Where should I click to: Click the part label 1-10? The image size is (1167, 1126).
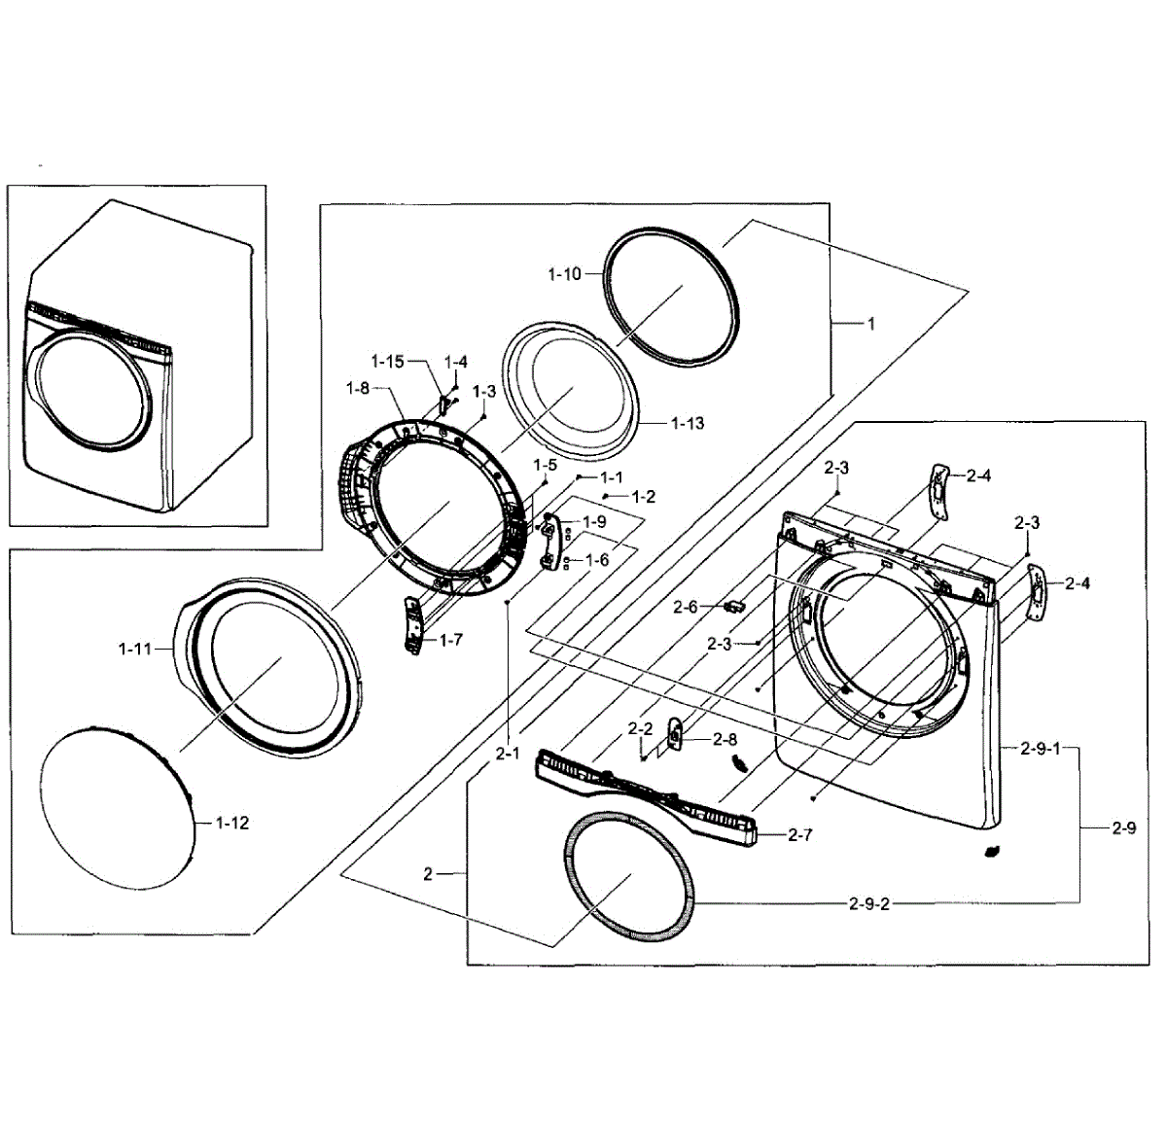tap(564, 274)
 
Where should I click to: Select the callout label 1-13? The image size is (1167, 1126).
tap(687, 423)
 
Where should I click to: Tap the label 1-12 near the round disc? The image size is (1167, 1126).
tap(231, 823)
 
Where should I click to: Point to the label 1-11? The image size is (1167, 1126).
tap(135, 649)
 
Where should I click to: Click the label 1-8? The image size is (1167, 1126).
tap(357, 388)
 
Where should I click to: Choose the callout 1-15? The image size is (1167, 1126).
tap(387, 362)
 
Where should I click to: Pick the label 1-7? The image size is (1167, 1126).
tap(450, 640)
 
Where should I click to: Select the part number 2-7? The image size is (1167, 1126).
tap(799, 834)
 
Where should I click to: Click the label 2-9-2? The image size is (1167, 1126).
tap(868, 904)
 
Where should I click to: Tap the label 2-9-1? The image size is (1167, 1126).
tap(1041, 749)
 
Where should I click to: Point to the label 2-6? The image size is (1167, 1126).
tap(686, 607)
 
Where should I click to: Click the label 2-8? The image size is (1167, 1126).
tap(725, 739)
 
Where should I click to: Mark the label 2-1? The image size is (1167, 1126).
tap(508, 753)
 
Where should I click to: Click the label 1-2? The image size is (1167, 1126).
tap(643, 497)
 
